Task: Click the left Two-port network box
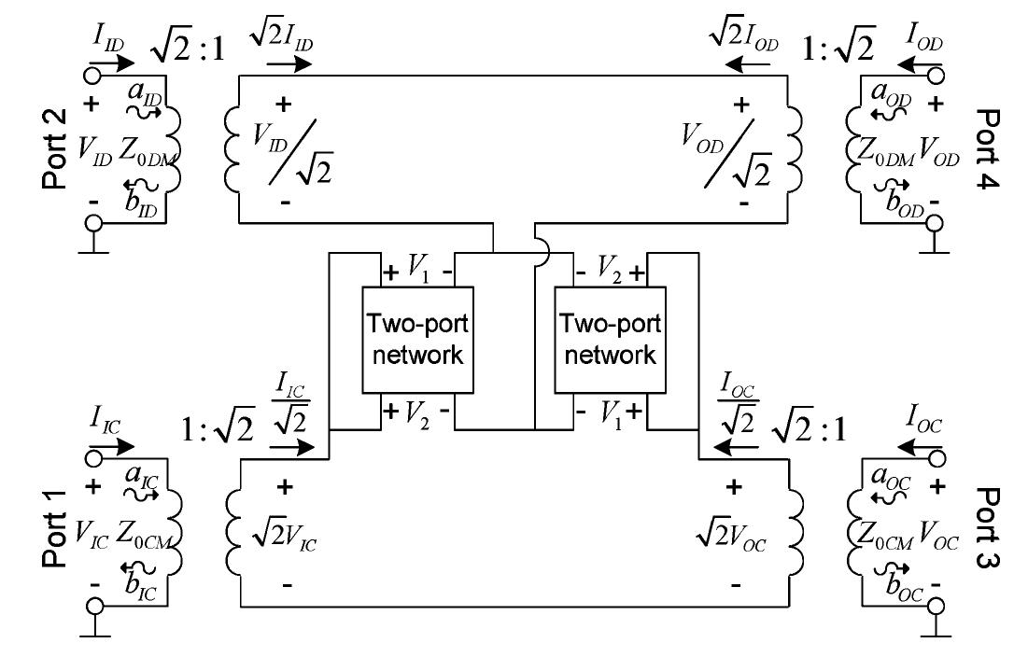(407, 340)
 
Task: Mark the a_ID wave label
(141, 116)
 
